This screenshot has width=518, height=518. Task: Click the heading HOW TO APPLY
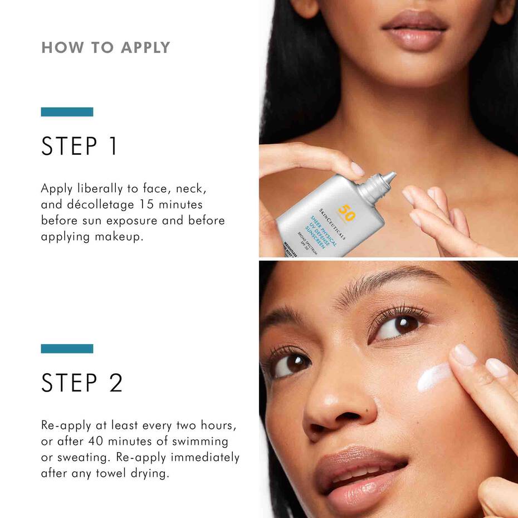[105, 47]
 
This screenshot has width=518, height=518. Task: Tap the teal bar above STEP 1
[67, 112]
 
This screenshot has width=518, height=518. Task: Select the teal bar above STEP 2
[67, 349]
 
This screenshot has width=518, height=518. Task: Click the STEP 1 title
[79, 146]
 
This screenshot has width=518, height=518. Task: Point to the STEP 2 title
[82, 383]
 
